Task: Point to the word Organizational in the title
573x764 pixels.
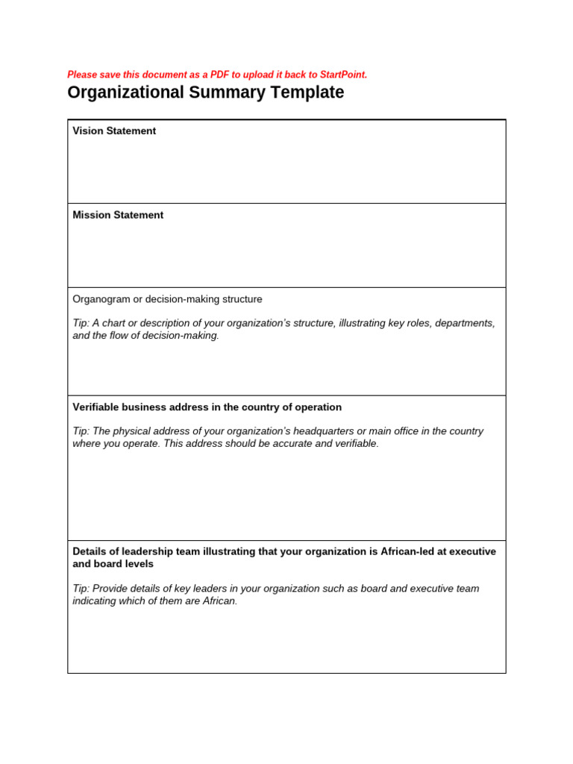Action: (x=125, y=93)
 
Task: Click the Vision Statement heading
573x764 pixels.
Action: (x=114, y=131)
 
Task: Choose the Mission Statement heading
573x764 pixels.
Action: (x=118, y=215)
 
